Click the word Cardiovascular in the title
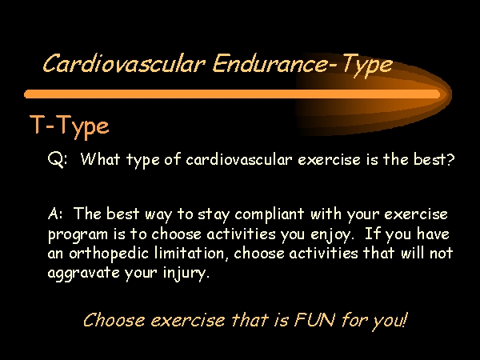pos(124,64)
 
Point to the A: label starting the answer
pos(55,214)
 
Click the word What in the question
pos(100,158)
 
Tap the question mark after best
pos(450,158)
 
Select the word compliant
pos(270,214)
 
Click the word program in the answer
pos(78,235)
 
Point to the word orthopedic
pos(109,254)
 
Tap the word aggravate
pos(83,274)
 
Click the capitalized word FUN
pos(314,319)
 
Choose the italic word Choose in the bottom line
pos(114,320)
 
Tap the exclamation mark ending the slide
pos(406,319)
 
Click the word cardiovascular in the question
pos(238,159)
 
